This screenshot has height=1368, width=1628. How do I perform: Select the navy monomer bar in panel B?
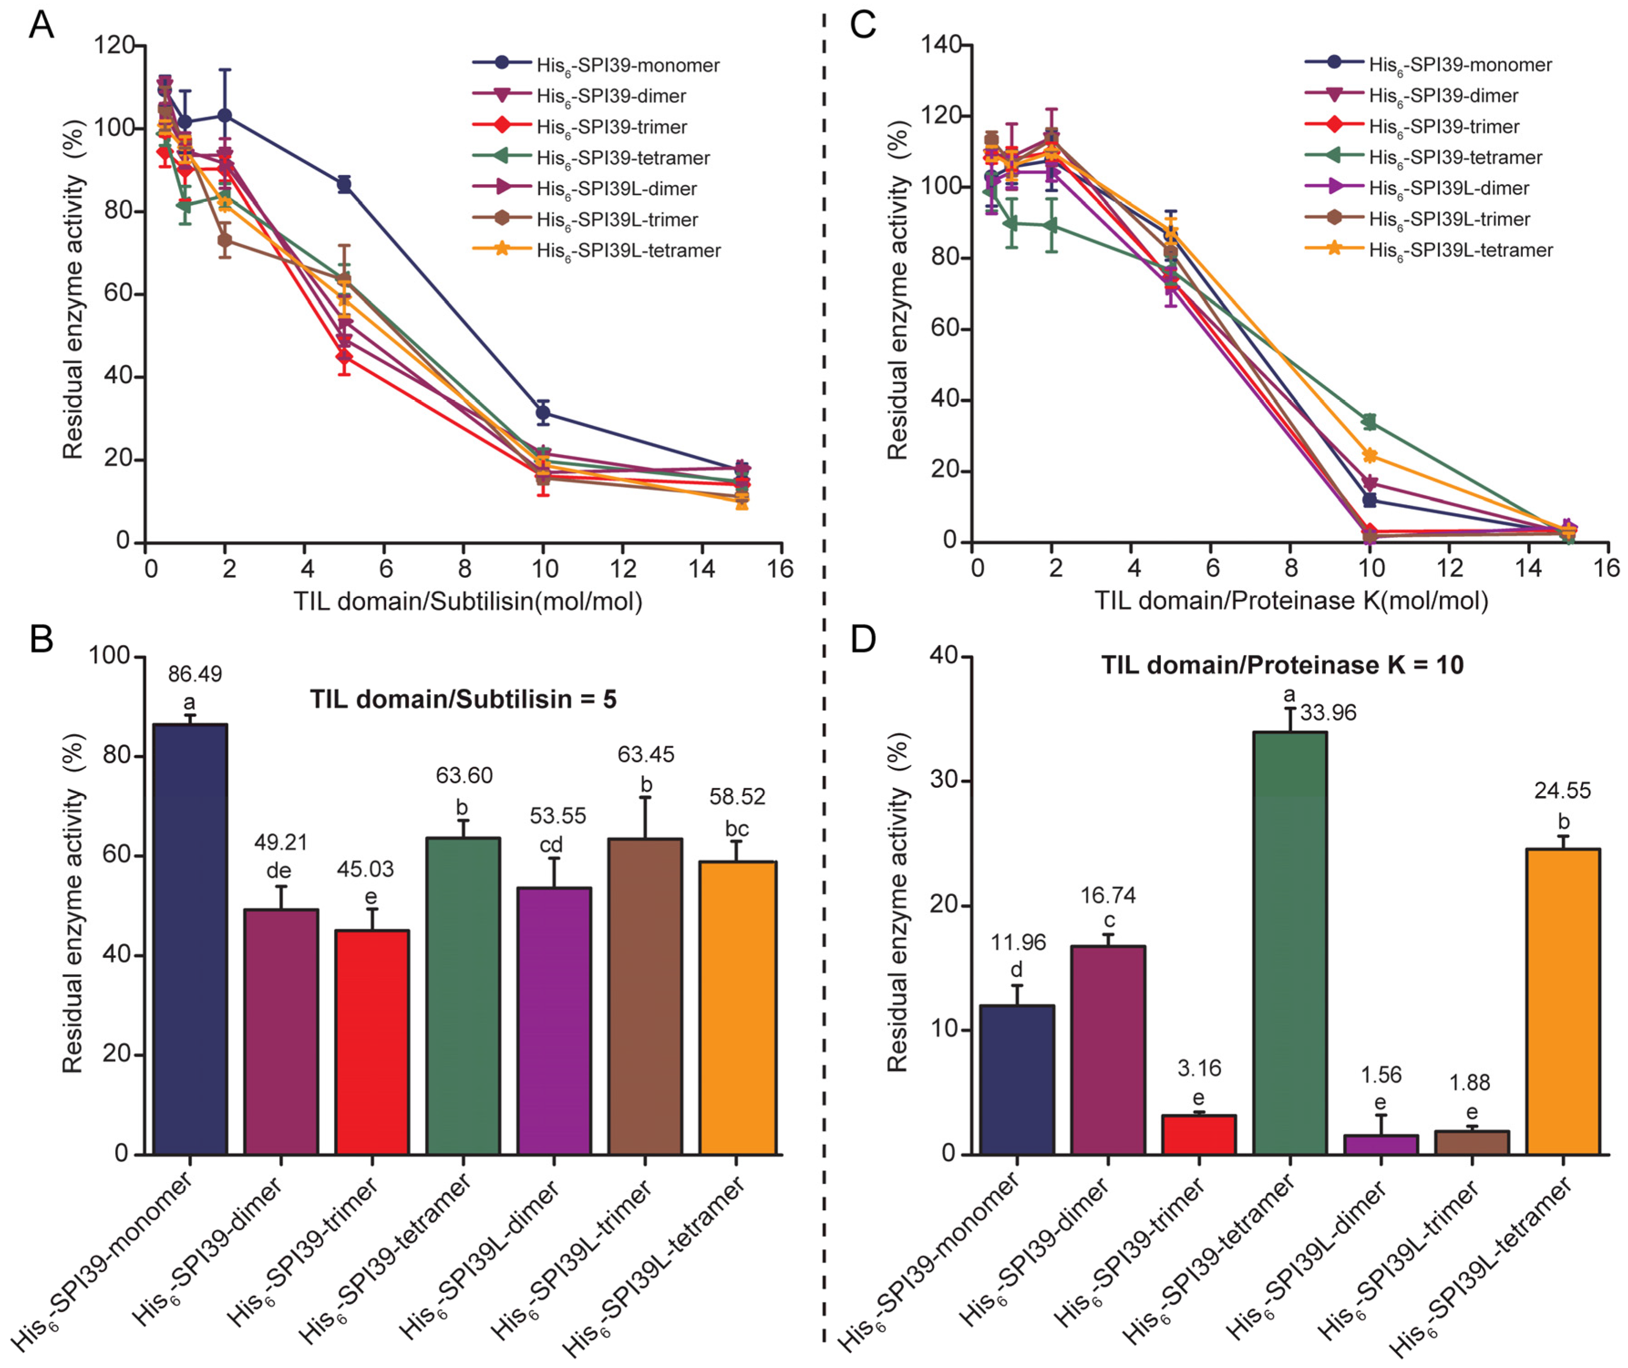point(190,938)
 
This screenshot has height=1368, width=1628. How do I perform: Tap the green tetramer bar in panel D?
point(1290,942)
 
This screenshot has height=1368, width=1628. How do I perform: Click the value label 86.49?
point(195,674)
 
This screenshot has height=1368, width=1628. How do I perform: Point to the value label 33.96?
point(1328,713)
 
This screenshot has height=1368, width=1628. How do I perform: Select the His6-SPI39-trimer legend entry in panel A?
point(611,126)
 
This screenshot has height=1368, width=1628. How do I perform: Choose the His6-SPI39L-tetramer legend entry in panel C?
point(1460,250)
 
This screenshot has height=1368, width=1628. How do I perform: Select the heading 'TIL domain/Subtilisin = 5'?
point(463,699)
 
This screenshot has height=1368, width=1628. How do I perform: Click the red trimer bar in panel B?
point(372,1042)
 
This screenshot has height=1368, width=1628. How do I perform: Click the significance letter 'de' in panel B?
point(279,871)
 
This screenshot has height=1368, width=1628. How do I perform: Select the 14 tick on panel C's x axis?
point(1528,568)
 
